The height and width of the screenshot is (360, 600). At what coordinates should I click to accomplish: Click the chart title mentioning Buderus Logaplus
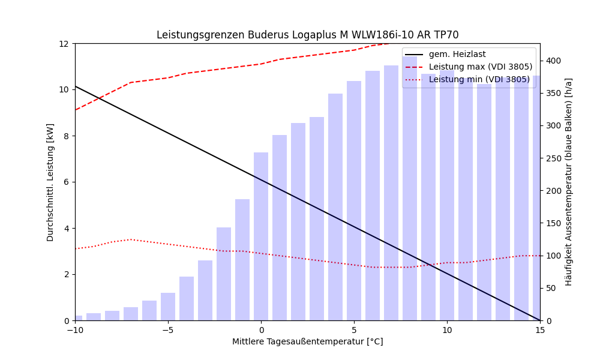[307, 35]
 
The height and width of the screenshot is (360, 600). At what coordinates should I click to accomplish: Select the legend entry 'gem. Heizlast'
[457, 55]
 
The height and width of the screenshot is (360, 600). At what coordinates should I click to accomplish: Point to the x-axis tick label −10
[75, 330]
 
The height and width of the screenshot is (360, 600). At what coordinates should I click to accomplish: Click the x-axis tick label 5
[354, 330]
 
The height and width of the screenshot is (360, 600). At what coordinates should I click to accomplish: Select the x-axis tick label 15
[539, 330]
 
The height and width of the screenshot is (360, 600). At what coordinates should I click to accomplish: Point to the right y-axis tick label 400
[553, 61]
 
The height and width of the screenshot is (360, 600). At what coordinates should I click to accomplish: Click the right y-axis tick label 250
[553, 158]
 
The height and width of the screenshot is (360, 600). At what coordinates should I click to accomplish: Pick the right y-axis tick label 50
[551, 288]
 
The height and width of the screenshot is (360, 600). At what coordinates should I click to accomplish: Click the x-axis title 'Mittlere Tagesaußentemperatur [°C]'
[307, 342]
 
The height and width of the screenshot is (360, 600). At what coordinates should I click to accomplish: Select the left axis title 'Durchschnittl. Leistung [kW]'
[50, 182]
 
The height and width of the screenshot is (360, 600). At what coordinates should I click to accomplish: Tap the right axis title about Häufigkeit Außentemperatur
[569, 182]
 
